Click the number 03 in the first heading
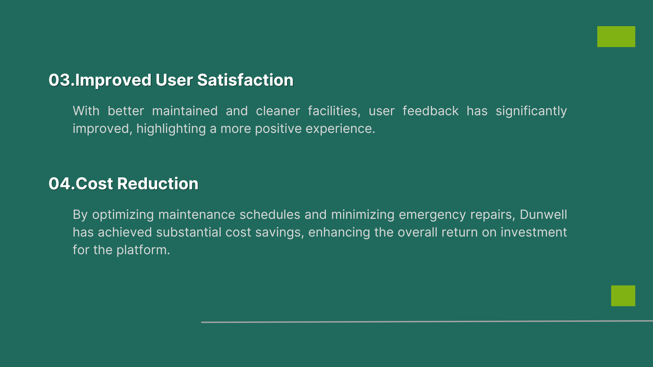pos(60,80)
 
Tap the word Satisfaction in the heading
pos(245,80)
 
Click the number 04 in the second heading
pos(60,184)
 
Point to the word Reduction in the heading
pos(158,184)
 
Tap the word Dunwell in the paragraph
pos(543,214)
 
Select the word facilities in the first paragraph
pos(333,111)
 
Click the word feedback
pos(431,111)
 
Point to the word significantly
pos(531,111)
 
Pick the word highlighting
pos(171,129)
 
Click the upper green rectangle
pos(616,37)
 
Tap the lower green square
pos(623,296)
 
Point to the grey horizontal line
pos(427,321)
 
